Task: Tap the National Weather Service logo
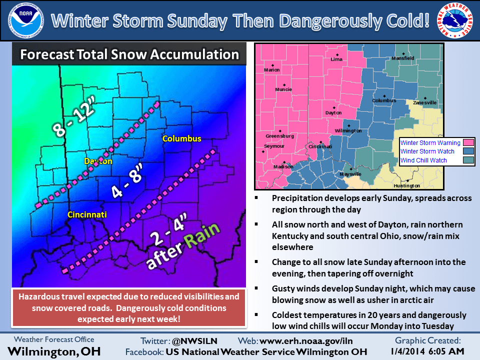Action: click(x=457, y=20)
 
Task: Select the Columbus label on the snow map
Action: click(x=181, y=138)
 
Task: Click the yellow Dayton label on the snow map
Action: click(x=98, y=161)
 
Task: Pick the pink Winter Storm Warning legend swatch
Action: click(x=468, y=143)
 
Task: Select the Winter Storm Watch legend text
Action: click(x=427, y=151)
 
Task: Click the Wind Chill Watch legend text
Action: click(x=423, y=160)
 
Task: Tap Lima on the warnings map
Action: click(x=336, y=59)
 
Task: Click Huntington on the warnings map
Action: click(x=407, y=185)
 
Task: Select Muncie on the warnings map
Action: click(x=283, y=90)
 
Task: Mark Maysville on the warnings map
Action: click(x=350, y=174)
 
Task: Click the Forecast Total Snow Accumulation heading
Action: click(x=129, y=54)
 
